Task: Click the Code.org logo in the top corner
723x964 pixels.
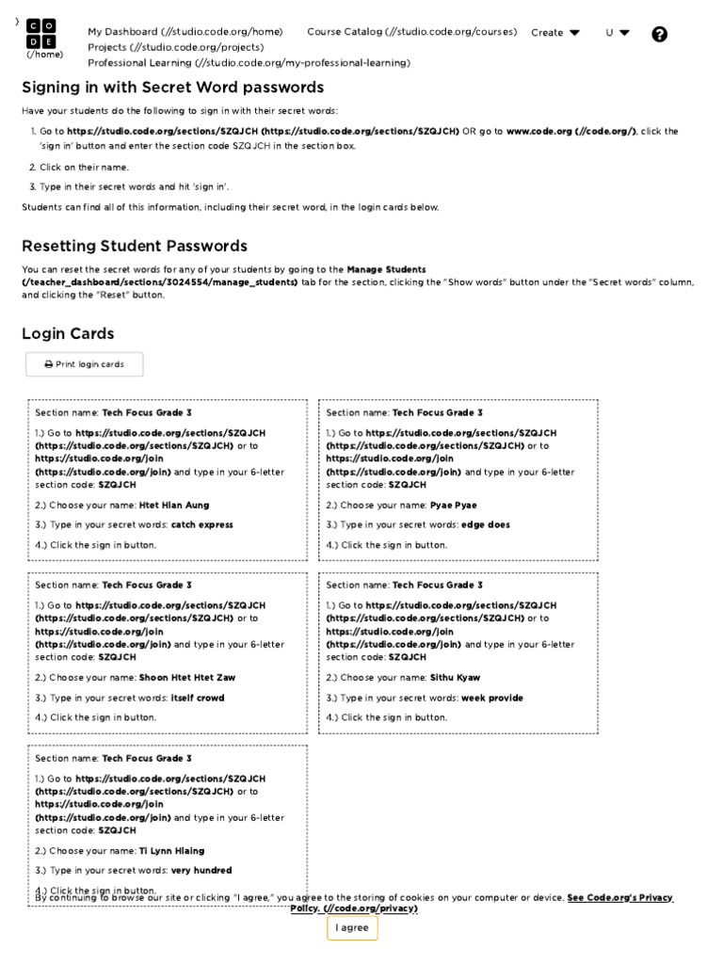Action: pyautogui.click(x=41, y=33)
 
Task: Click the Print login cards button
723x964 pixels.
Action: pyautogui.click(x=84, y=364)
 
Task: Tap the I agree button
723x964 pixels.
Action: pyautogui.click(x=352, y=927)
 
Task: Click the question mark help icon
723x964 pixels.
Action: pyautogui.click(x=659, y=34)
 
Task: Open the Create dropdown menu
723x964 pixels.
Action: pyautogui.click(x=555, y=32)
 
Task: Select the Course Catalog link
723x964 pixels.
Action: pyautogui.click(x=411, y=32)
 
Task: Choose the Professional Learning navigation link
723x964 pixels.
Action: pyautogui.click(x=249, y=63)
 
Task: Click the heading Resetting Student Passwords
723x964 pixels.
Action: pyautogui.click(x=135, y=247)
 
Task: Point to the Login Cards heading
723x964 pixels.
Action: pyautogui.click(x=68, y=334)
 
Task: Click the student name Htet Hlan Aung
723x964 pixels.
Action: pyautogui.click(x=174, y=506)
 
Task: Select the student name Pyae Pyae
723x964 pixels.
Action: pyautogui.click(x=453, y=506)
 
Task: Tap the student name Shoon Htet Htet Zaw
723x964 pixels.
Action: pyautogui.click(x=187, y=678)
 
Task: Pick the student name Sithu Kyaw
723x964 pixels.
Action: pyautogui.click(x=455, y=678)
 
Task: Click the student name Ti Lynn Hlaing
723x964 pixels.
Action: pyautogui.click(x=171, y=850)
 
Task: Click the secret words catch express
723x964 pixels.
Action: pyautogui.click(x=201, y=525)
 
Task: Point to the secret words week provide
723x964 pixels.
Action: pyautogui.click(x=491, y=698)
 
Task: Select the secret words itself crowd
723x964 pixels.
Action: pyautogui.click(x=198, y=698)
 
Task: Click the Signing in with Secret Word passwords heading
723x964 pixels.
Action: pyautogui.click(x=172, y=88)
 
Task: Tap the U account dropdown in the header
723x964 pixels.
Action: pyautogui.click(x=618, y=32)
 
